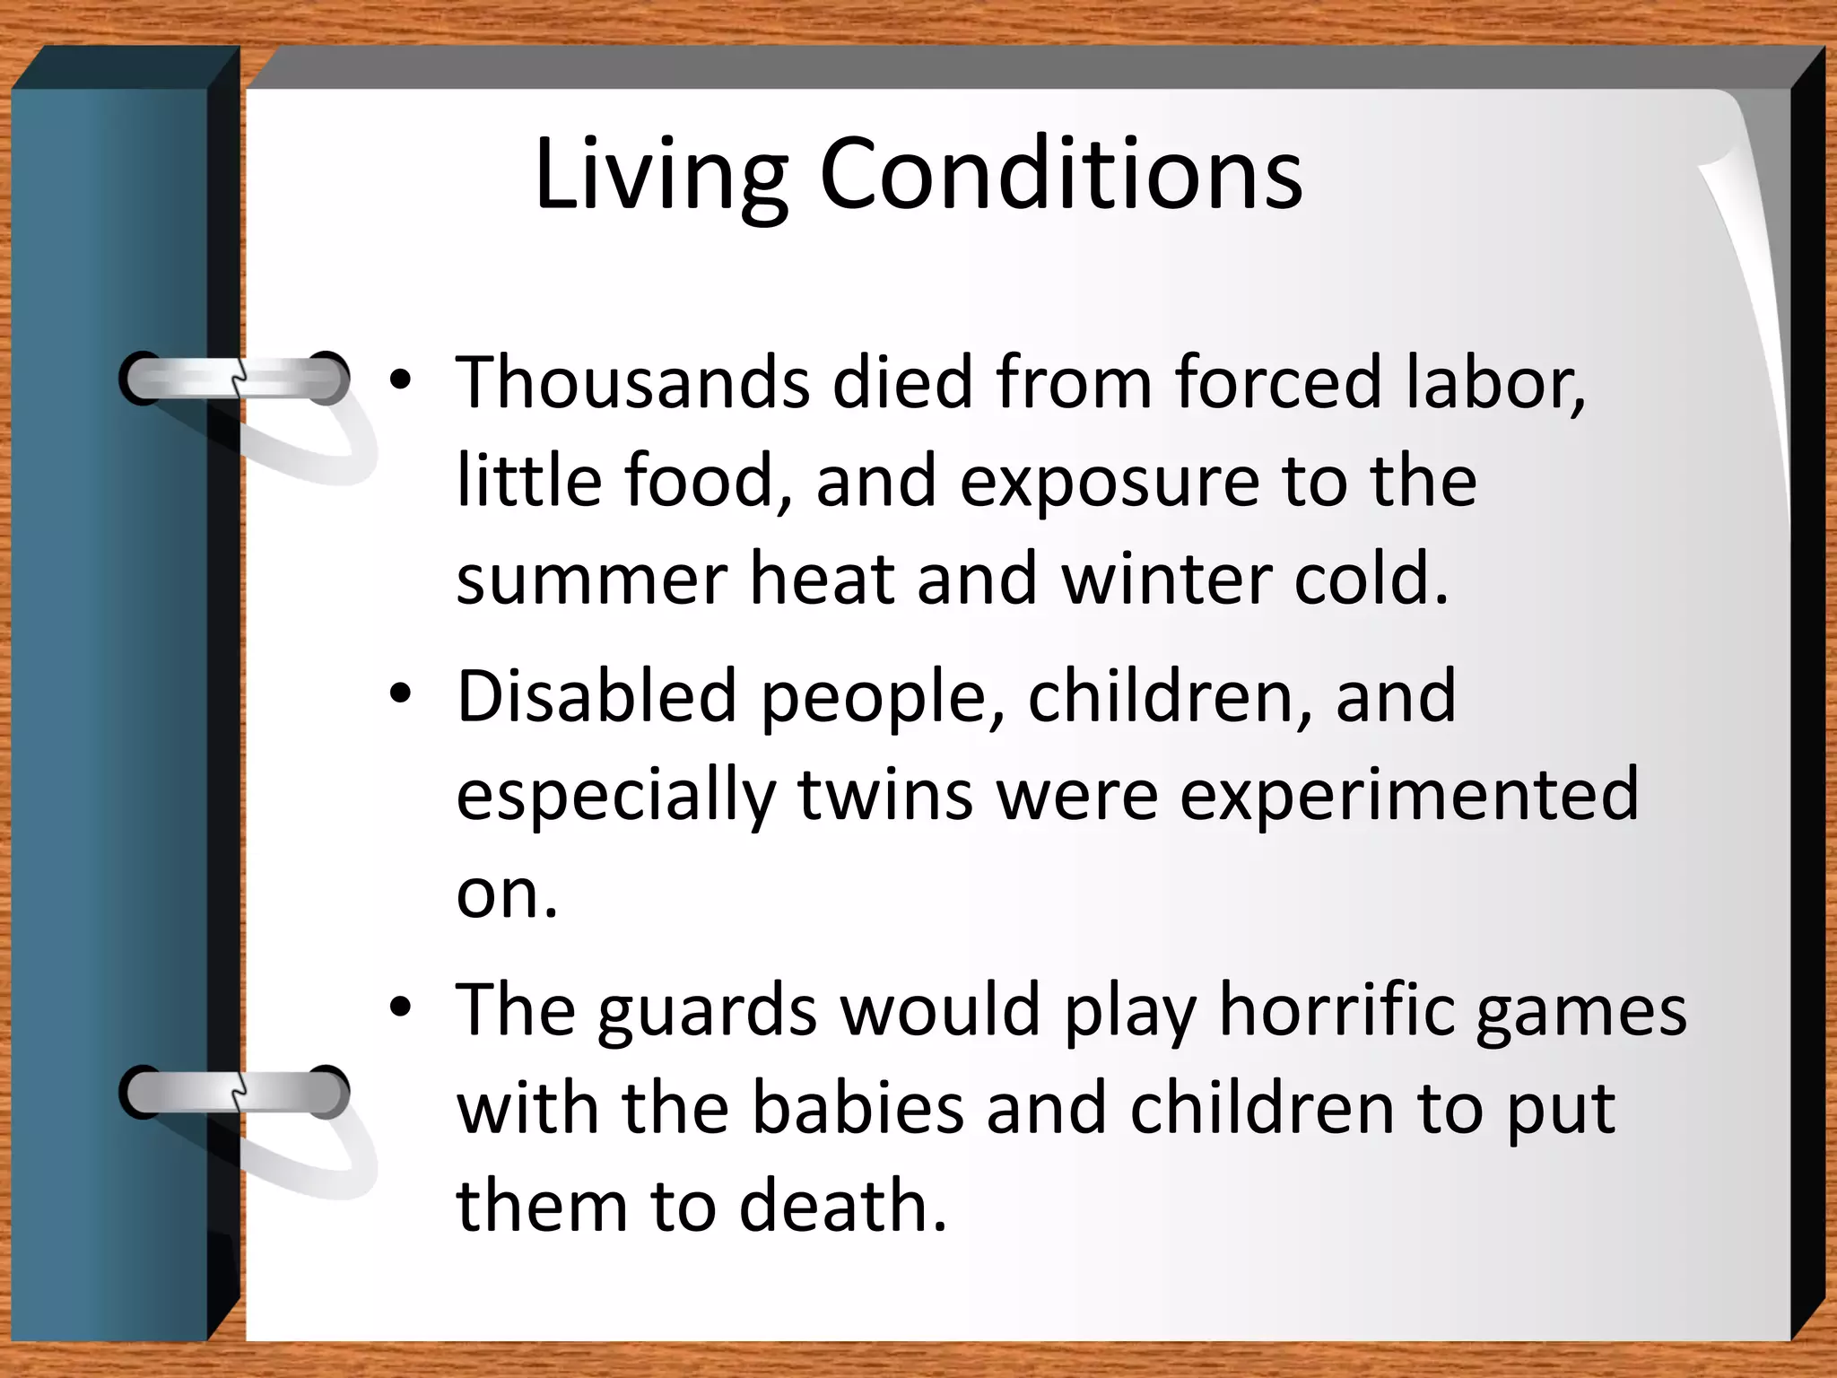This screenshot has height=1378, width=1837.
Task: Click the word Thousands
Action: (x=631, y=382)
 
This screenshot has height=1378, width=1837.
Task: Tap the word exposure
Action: (x=1109, y=482)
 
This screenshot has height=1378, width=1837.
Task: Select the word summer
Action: (x=591, y=580)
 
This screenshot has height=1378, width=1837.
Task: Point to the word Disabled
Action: (x=596, y=695)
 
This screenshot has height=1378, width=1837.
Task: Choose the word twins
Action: (x=885, y=794)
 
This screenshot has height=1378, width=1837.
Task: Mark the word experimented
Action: (x=1408, y=796)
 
